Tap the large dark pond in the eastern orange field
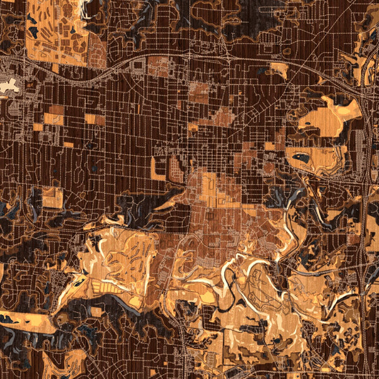coord(301,157)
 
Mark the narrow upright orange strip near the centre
coord(154,167)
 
